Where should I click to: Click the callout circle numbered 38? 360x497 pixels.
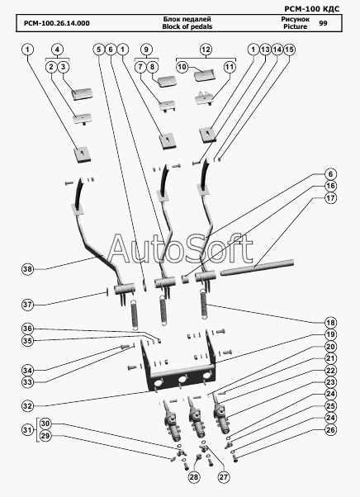(x=27, y=269)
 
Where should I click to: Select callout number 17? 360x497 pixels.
(x=330, y=198)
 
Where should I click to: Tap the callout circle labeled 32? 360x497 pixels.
(x=27, y=406)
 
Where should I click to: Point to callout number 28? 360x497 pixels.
(x=194, y=477)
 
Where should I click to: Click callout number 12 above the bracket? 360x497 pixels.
(x=206, y=50)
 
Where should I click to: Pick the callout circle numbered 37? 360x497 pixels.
(x=27, y=305)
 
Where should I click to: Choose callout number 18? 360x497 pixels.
(x=330, y=323)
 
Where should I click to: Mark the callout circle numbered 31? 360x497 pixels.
(x=27, y=430)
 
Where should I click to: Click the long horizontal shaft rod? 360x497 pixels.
(x=257, y=267)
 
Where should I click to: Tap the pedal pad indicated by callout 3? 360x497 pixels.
(x=82, y=94)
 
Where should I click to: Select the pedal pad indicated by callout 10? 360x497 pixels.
(x=204, y=76)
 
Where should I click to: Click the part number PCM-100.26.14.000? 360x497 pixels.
(x=57, y=23)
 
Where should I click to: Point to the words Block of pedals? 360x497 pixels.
(x=187, y=26)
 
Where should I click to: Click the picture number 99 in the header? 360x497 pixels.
(x=323, y=23)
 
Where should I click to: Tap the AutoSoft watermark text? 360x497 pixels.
(x=180, y=249)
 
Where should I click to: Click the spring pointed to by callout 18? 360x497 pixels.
(x=206, y=304)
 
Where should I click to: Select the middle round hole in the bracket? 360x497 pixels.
(x=182, y=380)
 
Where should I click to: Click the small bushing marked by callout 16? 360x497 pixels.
(x=184, y=280)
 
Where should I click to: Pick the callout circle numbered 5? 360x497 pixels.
(x=99, y=50)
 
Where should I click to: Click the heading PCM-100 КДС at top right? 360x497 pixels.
(x=312, y=8)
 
